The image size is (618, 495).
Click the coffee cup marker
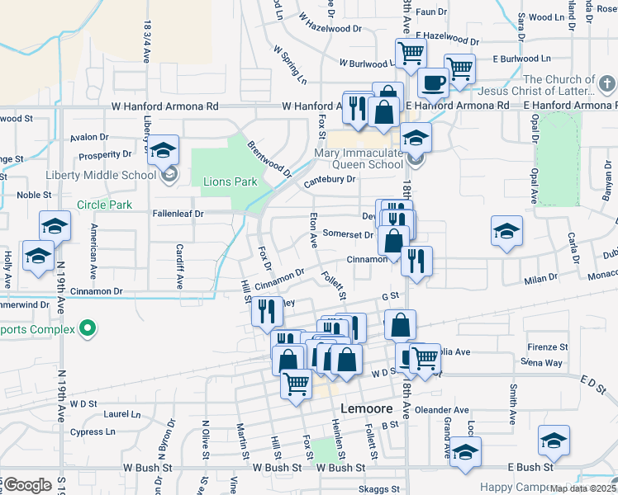tap(433, 82)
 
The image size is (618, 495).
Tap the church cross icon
tap(606, 84)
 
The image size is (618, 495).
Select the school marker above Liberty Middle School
tap(164, 149)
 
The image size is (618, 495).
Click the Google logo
tap(26, 484)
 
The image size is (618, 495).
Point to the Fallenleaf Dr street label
tap(178, 213)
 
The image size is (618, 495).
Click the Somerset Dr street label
tap(348, 234)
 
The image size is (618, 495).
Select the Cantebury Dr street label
tap(329, 180)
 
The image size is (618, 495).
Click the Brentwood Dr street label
tap(269, 158)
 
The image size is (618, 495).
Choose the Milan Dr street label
tap(541, 279)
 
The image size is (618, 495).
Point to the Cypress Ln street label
tap(93, 432)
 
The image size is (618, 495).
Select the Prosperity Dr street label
tap(104, 155)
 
